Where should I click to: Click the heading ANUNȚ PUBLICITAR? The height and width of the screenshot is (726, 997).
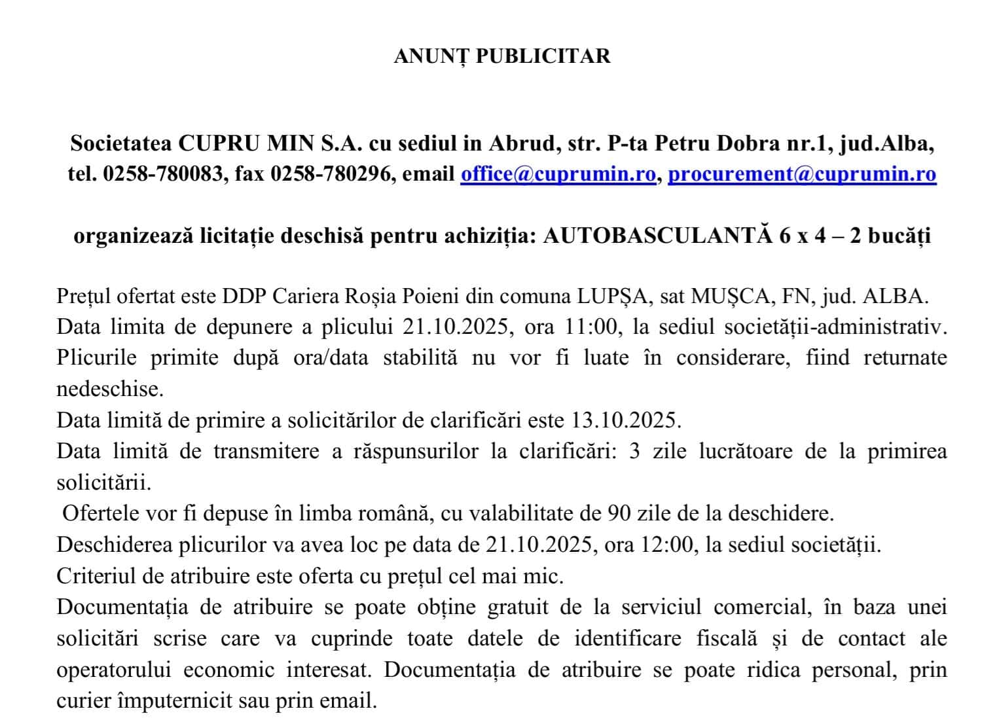click(x=501, y=56)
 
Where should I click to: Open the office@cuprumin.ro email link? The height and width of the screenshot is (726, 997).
click(x=558, y=174)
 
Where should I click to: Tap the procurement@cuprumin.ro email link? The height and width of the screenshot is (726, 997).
click(x=801, y=174)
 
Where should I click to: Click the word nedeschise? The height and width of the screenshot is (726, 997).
click(x=109, y=389)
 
